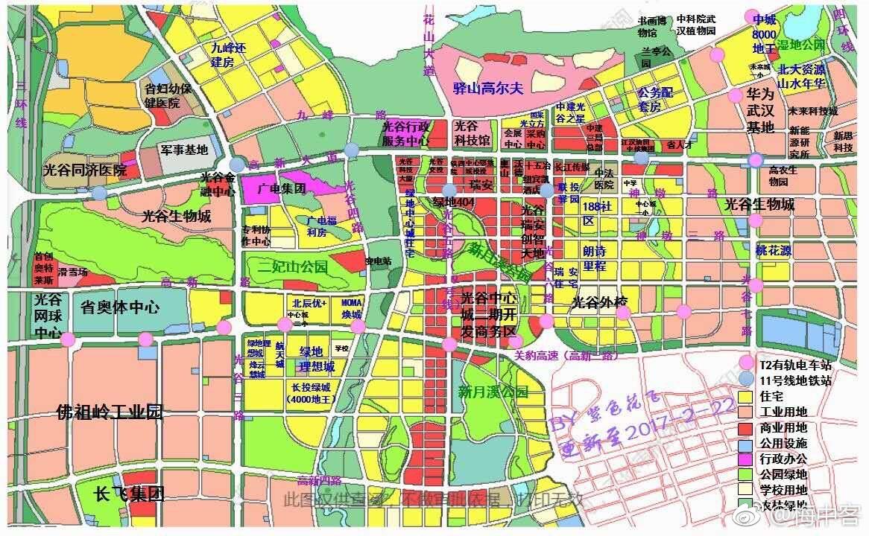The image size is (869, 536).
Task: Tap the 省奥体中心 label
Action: coord(120,307)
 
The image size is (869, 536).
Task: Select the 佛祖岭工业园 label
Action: coord(110,412)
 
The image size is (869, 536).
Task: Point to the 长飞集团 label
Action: coord(129,493)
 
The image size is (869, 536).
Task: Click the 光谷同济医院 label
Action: coord(84,170)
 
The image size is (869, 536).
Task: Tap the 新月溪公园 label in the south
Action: coord(493,392)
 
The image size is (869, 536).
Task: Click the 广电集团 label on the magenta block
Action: coord(281,188)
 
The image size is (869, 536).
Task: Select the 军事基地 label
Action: coord(183,150)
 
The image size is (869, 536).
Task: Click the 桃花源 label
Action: coord(774,250)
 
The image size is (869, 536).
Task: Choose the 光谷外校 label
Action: coord(600,302)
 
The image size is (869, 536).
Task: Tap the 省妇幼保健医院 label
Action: coord(168,95)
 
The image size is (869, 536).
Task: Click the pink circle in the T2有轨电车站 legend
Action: coord(747,363)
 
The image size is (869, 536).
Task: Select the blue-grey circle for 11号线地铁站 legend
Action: coord(747,380)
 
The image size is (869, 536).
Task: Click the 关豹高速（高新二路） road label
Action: coord(566,356)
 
